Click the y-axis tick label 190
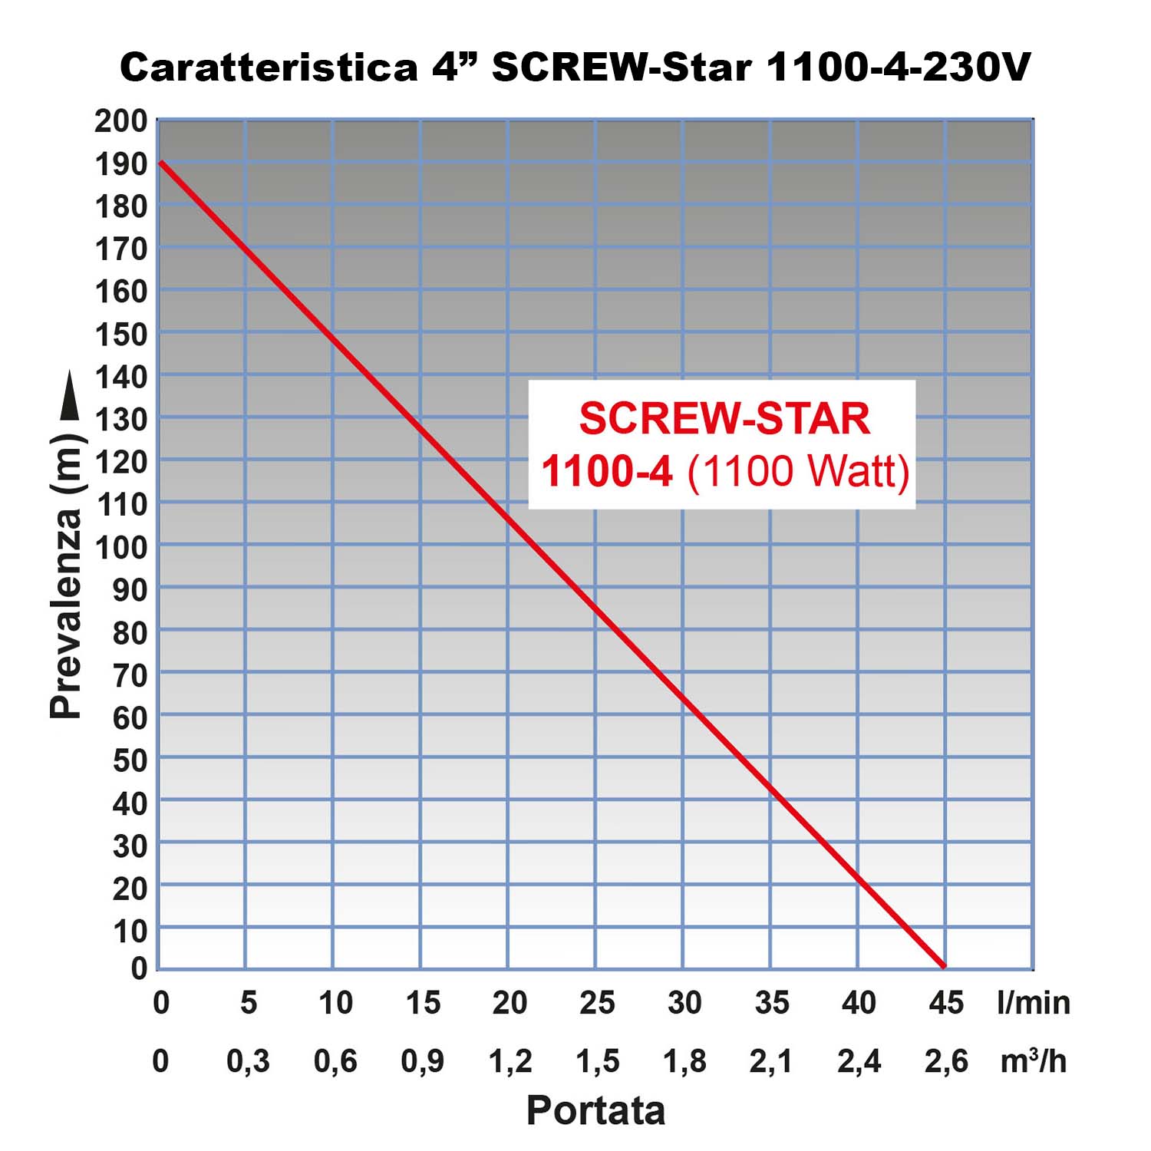pyautogui.click(x=120, y=163)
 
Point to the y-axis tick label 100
pyautogui.click(x=120, y=548)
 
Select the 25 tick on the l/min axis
pyautogui.click(x=597, y=1002)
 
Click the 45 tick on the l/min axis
pyautogui.click(x=945, y=1002)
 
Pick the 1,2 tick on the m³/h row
pyautogui.click(x=510, y=1061)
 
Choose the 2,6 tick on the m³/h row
pyautogui.click(x=945, y=1061)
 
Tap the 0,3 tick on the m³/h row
pyautogui.click(x=248, y=1061)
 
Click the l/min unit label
pyautogui.click(x=1033, y=1002)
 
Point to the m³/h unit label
pyautogui.click(x=1033, y=1061)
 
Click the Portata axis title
pyautogui.click(x=595, y=1110)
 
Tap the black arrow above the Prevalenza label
pyautogui.click(x=69, y=395)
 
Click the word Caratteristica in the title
pyautogui.click(x=269, y=68)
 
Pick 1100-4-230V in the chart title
pyautogui.click(x=898, y=68)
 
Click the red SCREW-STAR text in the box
pyautogui.click(x=724, y=419)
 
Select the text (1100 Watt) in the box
pyautogui.click(x=798, y=470)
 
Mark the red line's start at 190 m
pyautogui.click(x=160, y=163)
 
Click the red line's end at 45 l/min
pyautogui.click(x=944, y=967)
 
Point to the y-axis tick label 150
pyautogui.click(x=120, y=335)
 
